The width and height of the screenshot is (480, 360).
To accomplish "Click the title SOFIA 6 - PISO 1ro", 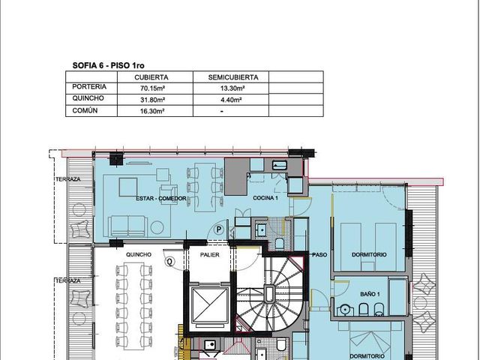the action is [108, 65].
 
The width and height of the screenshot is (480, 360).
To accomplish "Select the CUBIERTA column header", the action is [151, 77].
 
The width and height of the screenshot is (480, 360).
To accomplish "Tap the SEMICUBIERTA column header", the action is [233, 77].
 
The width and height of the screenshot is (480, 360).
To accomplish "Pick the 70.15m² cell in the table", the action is [152, 88].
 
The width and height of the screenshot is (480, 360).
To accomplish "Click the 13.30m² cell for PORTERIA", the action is [232, 88].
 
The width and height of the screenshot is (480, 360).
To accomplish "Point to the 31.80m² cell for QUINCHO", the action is [152, 100].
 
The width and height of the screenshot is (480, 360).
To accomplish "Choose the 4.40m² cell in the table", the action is [232, 100].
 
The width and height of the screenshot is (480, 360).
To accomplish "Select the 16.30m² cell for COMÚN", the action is [152, 111].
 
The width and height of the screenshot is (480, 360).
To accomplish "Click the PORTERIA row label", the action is [89, 87].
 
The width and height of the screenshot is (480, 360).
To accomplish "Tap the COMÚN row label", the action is [85, 110].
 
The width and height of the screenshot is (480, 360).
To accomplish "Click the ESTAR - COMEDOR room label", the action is [161, 198].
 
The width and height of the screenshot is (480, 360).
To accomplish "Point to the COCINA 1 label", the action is [265, 198].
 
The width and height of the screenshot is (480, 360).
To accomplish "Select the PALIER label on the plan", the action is [210, 255].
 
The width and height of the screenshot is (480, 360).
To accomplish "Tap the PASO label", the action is [319, 255].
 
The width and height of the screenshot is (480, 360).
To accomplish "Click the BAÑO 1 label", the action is [370, 294].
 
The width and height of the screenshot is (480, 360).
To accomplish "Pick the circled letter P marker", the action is [219, 229].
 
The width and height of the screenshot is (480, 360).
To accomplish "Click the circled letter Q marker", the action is [170, 262].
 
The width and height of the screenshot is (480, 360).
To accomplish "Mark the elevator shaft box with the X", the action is [210, 305].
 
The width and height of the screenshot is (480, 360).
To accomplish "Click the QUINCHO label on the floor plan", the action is [139, 255].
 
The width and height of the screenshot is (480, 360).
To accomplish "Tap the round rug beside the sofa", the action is [157, 227].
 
